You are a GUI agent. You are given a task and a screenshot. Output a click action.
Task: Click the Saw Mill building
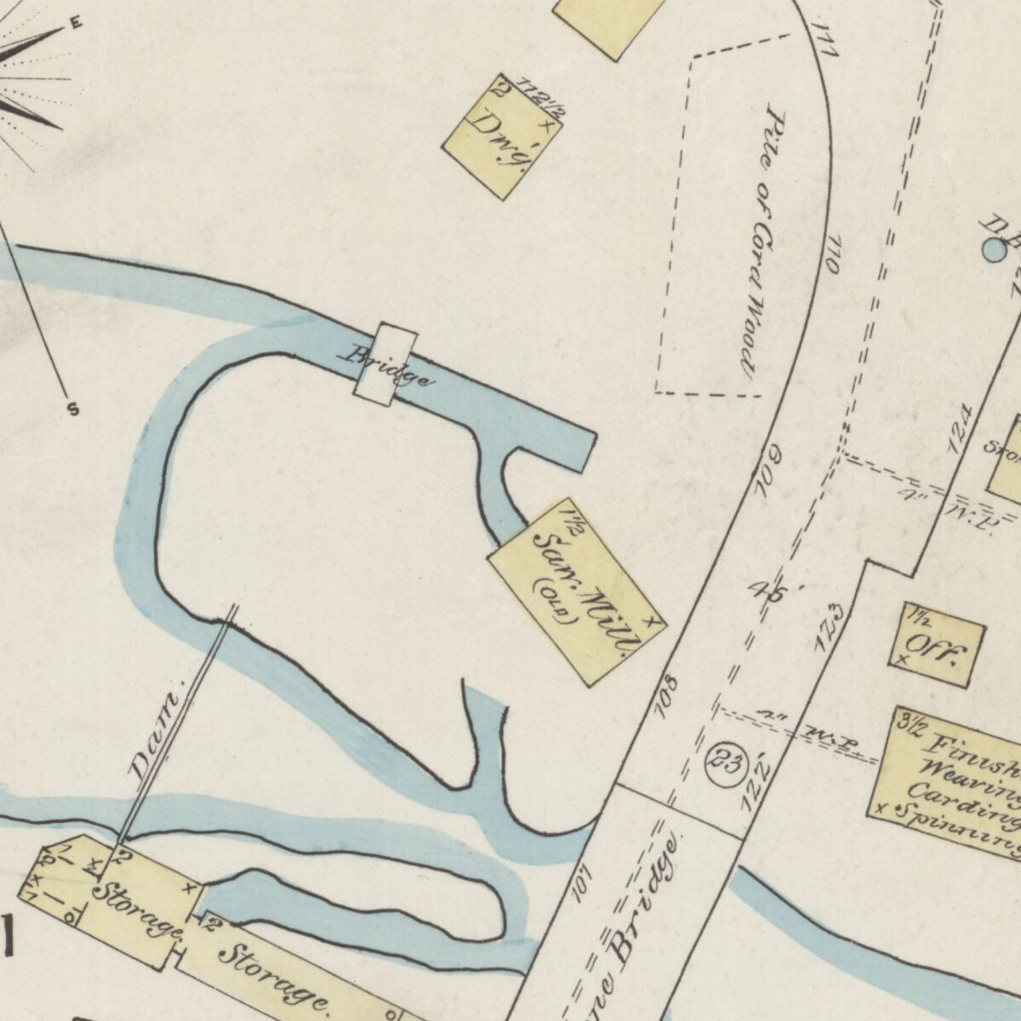click(577, 590)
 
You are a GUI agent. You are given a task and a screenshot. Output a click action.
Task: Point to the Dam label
click(155, 737)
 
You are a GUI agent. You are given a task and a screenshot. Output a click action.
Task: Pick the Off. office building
click(937, 644)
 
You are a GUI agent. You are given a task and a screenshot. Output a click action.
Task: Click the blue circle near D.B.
click(993, 249)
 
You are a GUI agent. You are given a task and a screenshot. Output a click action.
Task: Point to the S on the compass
click(73, 410)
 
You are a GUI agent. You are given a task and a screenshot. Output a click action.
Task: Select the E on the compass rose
click(76, 24)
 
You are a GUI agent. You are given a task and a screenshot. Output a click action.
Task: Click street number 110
click(832, 253)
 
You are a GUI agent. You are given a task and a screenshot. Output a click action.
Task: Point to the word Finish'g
click(970, 753)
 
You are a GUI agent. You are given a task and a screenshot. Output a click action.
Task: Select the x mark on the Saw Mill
click(652, 621)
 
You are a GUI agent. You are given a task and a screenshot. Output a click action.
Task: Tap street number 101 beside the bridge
click(581, 882)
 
